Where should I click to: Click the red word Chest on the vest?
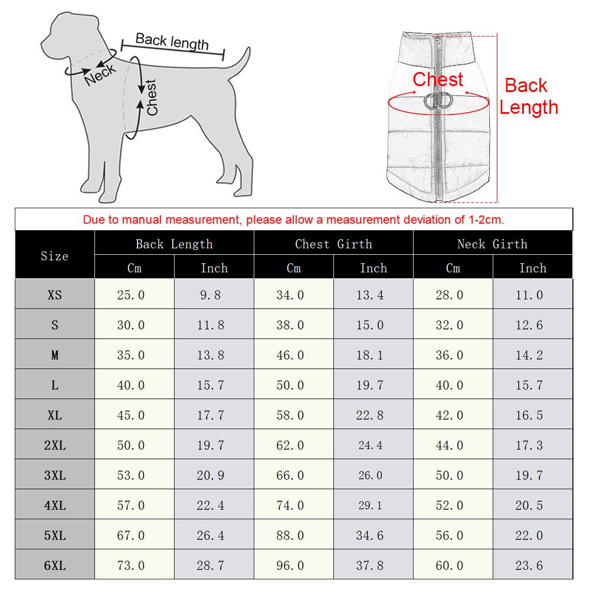(438, 79)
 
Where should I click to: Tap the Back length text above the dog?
(172, 42)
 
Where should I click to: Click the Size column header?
(54, 256)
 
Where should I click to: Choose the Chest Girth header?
(333, 244)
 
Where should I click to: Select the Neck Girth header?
(492, 244)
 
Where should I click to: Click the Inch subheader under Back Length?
(214, 268)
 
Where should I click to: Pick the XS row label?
(54, 295)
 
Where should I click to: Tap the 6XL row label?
(54, 565)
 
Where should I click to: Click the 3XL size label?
(54, 475)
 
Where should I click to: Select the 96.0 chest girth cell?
(290, 565)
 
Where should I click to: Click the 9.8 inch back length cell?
(211, 295)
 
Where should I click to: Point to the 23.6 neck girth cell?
(529, 565)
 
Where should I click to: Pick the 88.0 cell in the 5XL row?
(290, 535)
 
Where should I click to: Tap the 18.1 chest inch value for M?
(370, 355)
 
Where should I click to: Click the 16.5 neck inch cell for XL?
(529, 415)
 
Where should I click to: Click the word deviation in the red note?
(406, 220)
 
